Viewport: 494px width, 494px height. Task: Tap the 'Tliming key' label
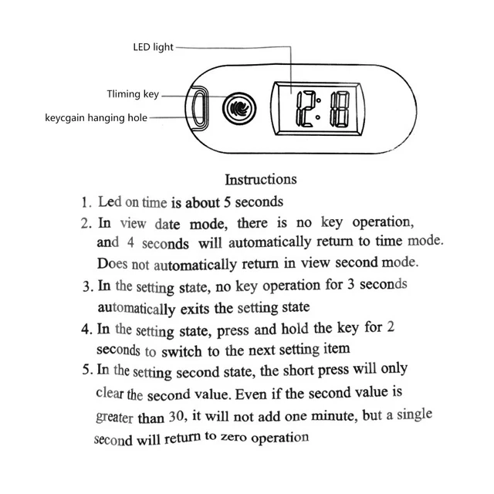(132, 94)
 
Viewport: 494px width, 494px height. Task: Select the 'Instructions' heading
(260, 179)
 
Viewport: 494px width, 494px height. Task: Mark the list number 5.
(86, 370)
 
